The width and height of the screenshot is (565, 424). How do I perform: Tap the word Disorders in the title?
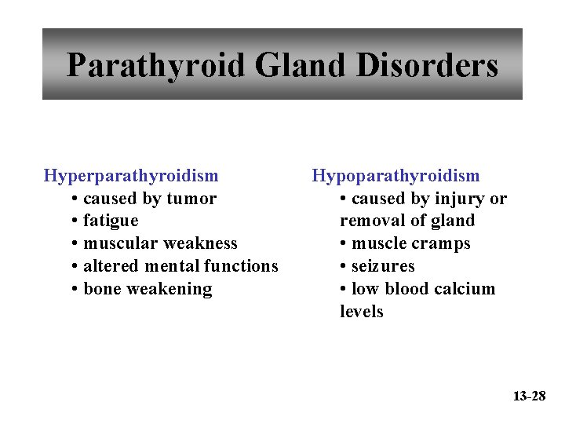(x=427, y=65)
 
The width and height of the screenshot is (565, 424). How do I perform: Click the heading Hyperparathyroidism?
(x=131, y=176)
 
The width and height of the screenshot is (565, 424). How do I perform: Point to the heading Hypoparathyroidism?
(x=395, y=176)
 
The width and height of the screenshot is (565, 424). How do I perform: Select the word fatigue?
(x=111, y=221)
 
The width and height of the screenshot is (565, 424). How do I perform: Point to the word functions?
(x=240, y=266)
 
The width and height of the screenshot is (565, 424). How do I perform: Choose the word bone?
(x=102, y=289)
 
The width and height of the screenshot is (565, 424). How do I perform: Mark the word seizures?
(x=383, y=266)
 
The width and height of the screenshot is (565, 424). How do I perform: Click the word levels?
(x=362, y=312)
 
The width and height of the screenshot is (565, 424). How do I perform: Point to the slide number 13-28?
(x=529, y=396)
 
